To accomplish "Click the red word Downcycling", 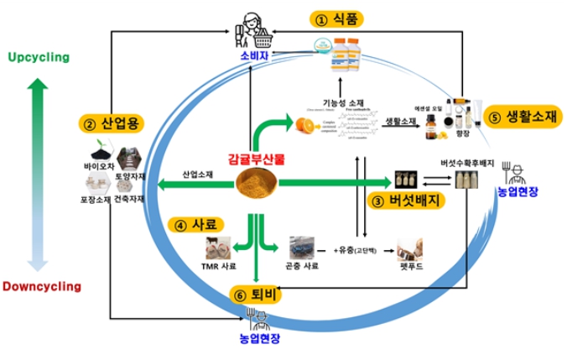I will (41, 286).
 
